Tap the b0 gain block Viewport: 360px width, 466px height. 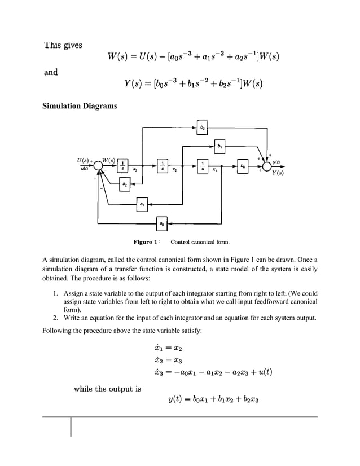[x=243, y=167]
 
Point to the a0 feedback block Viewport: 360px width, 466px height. [x=162, y=225]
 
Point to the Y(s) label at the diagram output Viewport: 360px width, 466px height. [x=278, y=173]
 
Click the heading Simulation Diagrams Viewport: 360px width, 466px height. [x=80, y=107]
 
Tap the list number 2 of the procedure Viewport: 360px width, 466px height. [x=55, y=318]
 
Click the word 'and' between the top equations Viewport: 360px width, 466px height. [x=51, y=72]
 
